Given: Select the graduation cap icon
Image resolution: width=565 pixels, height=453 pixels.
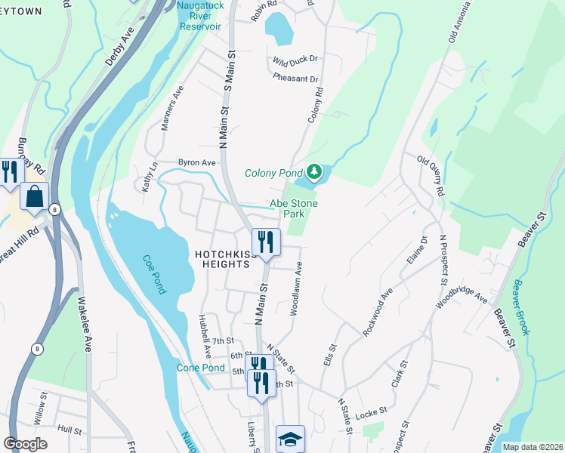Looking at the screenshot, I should [x=290, y=439].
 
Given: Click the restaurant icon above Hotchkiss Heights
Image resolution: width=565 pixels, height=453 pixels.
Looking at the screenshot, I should [x=265, y=242].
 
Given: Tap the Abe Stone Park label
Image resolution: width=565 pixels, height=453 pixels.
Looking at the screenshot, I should [x=295, y=208].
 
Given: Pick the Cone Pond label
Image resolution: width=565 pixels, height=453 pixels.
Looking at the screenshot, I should [x=200, y=368].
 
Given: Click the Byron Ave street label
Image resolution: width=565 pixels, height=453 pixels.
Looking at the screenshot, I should [x=196, y=162].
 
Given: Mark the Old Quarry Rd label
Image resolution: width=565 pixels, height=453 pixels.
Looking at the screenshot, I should [x=431, y=175].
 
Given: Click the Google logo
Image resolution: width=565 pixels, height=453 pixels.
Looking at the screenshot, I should [x=26, y=444].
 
